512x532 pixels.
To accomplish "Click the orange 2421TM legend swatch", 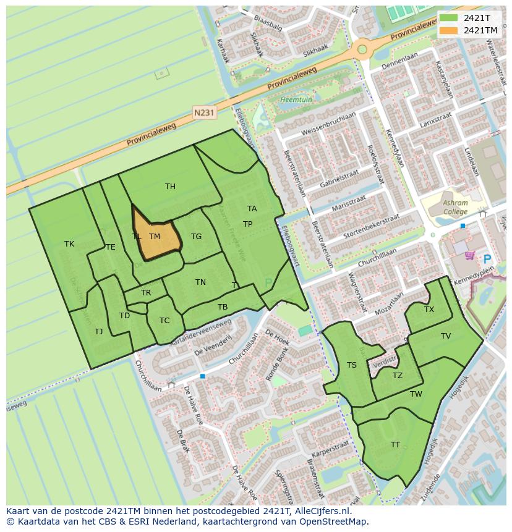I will pyautogui.click(x=449, y=30).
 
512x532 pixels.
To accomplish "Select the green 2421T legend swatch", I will pyautogui.click(x=449, y=18).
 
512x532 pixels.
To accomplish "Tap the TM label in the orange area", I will pyautogui.click(x=155, y=237).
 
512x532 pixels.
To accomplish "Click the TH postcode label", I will pyautogui.click(x=170, y=187).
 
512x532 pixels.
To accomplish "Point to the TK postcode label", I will pyautogui.click(x=69, y=244).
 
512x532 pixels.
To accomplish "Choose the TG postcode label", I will pyautogui.click(x=196, y=237).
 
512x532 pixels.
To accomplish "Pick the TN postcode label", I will pyautogui.click(x=200, y=282).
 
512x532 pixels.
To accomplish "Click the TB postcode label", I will pyautogui.click(x=223, y=307).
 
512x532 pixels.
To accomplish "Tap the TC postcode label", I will pyautogui.click(x=164, y=321).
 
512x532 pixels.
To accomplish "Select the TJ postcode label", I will pyautogui.click(x=99, y=332).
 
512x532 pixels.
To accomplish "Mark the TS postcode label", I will pyautogui.click(x=352, y=365).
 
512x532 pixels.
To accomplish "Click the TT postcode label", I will pyautogui.click(x=395, y=445).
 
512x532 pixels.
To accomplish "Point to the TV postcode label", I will pyautogui.click(x=446, y=336).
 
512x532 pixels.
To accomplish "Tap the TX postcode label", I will pyautogui.click(x=429, y=310).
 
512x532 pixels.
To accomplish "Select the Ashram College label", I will pyautogui.click(x=455, y=207).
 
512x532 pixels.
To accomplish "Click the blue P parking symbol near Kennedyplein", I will pyautogui.click(x=487, y=260).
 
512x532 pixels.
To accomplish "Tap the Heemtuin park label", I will pyautogui.click(x=292, y=99).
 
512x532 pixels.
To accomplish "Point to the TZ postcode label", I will pyautogui.click(x=398, y=376).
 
